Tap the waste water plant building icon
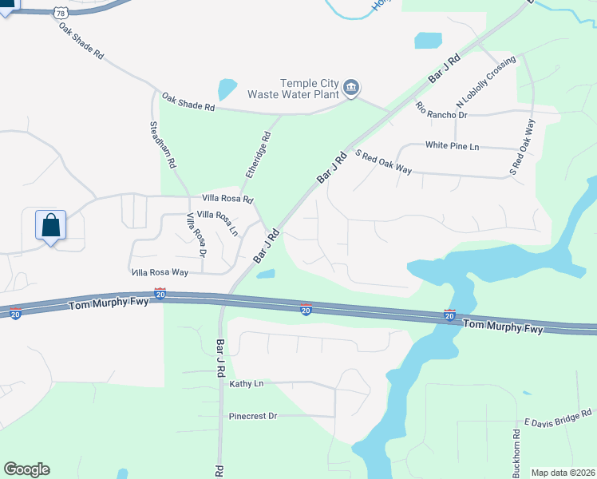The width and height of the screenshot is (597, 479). pos(351,87)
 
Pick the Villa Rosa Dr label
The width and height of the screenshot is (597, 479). pos(196,235)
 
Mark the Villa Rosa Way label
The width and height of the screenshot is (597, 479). pos(159,272)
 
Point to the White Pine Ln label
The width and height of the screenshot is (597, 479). pos(452,146)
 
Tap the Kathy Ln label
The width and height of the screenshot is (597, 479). pos(247,384)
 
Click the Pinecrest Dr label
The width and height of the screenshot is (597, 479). pos(253,416)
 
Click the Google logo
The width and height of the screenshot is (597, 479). pos(26,469)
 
